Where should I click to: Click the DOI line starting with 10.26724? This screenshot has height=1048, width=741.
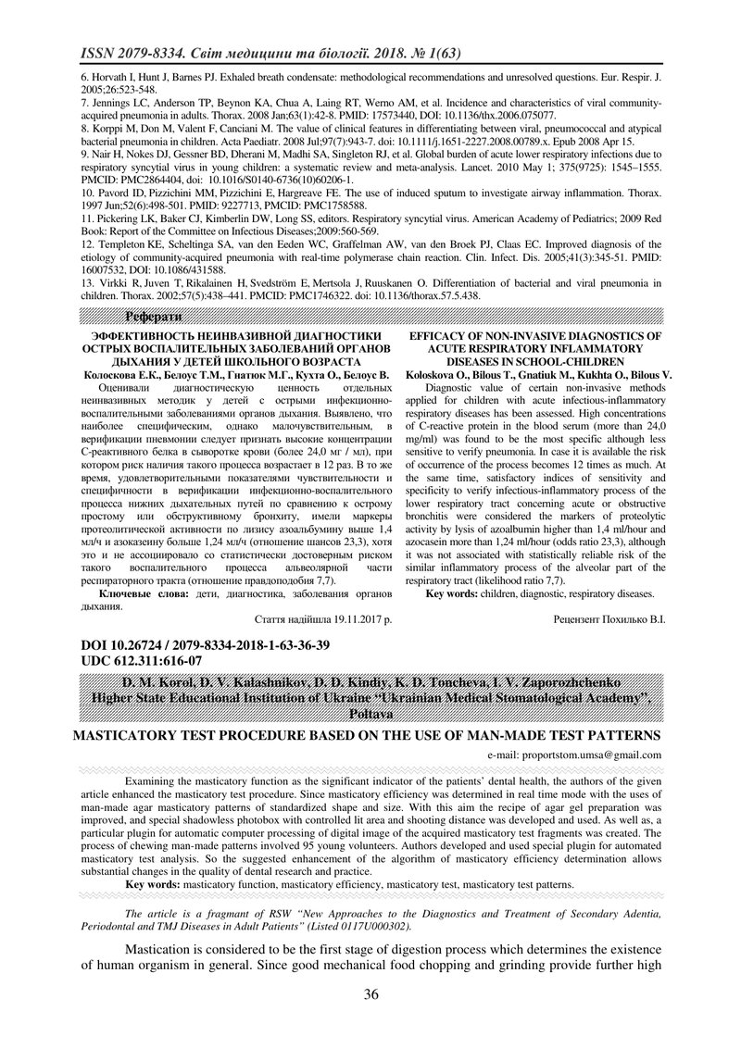pyautogui.click(x=195, y=644)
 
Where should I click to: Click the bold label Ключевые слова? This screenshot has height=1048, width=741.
pyautogui.click(x=141, y=593)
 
